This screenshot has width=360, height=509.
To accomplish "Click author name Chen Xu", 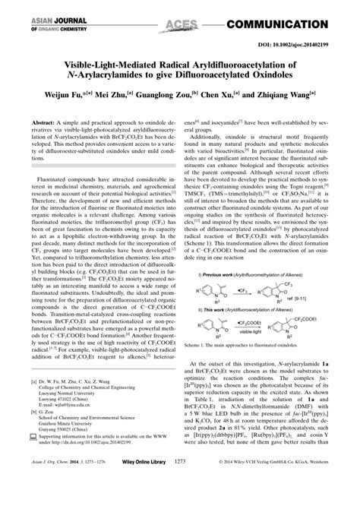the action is (231, 97).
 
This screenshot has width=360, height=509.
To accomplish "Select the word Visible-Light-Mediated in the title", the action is (84, 64).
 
